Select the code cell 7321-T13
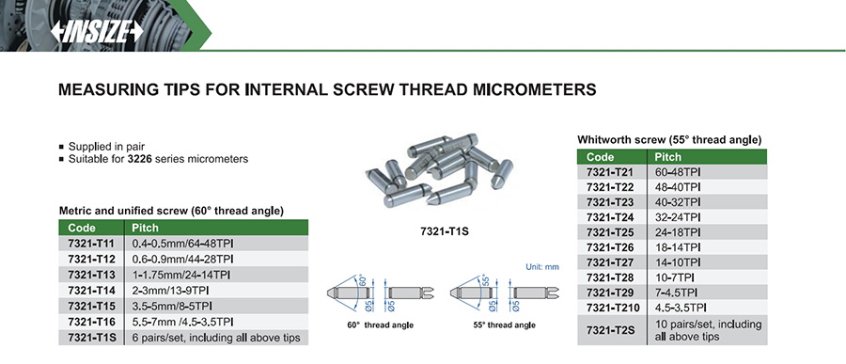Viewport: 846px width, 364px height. [91, 276]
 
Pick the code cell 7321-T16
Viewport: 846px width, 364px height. [91, 322]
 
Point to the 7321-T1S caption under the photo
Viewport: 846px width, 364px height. [445, 231]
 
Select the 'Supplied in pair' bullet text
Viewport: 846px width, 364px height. [106, 147]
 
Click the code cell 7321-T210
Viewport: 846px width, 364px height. [611, 309]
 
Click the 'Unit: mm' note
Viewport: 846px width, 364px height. [542, 267]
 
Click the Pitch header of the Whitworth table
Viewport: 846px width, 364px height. [668, 157]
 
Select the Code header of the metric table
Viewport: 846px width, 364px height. [82, 228]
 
